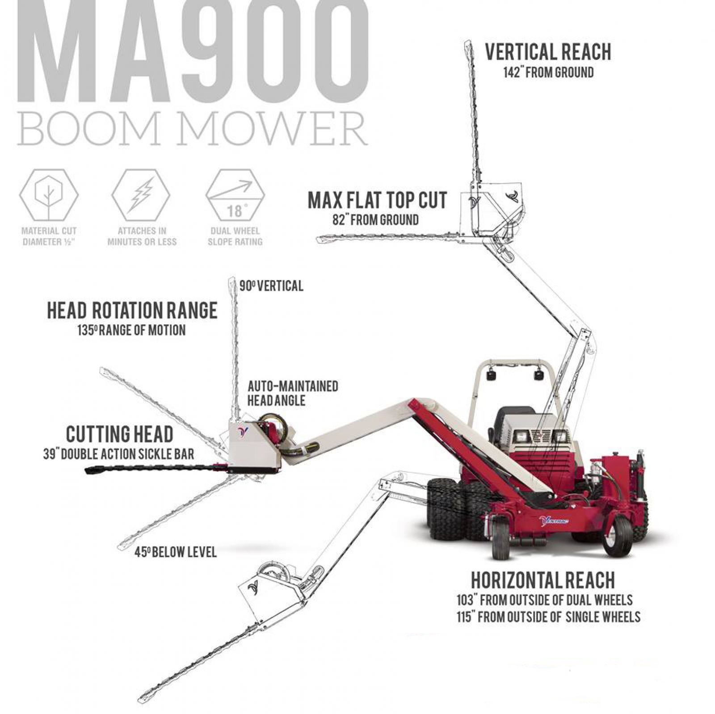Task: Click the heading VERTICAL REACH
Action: point(548,52)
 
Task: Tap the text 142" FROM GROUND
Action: point(548,72)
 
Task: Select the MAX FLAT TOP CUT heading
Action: point(377,201)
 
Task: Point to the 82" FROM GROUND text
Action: point(375,220)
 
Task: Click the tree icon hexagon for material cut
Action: point(49,195)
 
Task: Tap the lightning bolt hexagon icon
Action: point(141,195)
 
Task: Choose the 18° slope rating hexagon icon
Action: point(235,196)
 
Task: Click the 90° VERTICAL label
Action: point(271,286)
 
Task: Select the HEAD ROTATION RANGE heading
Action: point(132,311)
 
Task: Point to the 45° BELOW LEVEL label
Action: point(176,552)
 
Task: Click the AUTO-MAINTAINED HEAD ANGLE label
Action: point(293,393)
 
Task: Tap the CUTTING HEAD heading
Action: point(119,434)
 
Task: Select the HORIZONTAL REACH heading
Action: point(543,580)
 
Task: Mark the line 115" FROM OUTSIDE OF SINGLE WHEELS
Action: point(548,617)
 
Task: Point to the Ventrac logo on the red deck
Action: point(554,521)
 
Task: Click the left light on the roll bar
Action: point(492,374)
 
